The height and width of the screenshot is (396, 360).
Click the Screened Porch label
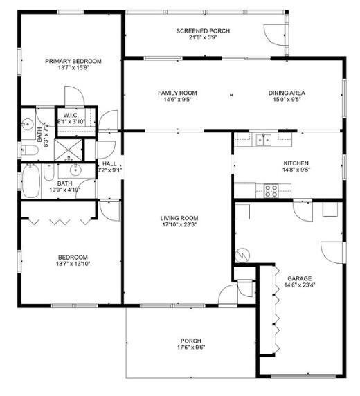[203, 31]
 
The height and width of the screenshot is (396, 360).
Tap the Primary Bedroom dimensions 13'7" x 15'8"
[73, 68]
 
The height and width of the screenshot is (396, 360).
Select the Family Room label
[177, 93]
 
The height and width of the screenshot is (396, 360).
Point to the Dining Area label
[287, 93]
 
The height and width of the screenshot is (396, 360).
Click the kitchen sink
[264, 140]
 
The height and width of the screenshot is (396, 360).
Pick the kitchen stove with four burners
[271, 191]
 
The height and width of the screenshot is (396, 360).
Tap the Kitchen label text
[296, 163]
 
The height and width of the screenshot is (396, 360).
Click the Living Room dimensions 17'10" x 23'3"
[179, 224]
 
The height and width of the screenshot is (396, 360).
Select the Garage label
[299, 278]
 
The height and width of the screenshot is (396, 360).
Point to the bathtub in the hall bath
[31, 181]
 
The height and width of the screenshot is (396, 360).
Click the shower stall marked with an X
[69, 150]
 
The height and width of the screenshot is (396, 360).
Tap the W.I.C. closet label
[71, 116]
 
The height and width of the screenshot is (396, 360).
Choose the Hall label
[109, 164]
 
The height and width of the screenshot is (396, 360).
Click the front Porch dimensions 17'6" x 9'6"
[191, 348]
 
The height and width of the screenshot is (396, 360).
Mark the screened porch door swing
[275, 35]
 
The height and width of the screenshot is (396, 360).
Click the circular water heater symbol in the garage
[242, 255]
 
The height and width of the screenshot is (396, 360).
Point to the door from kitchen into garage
[303, 212]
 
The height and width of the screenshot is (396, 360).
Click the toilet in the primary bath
[30, 151]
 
